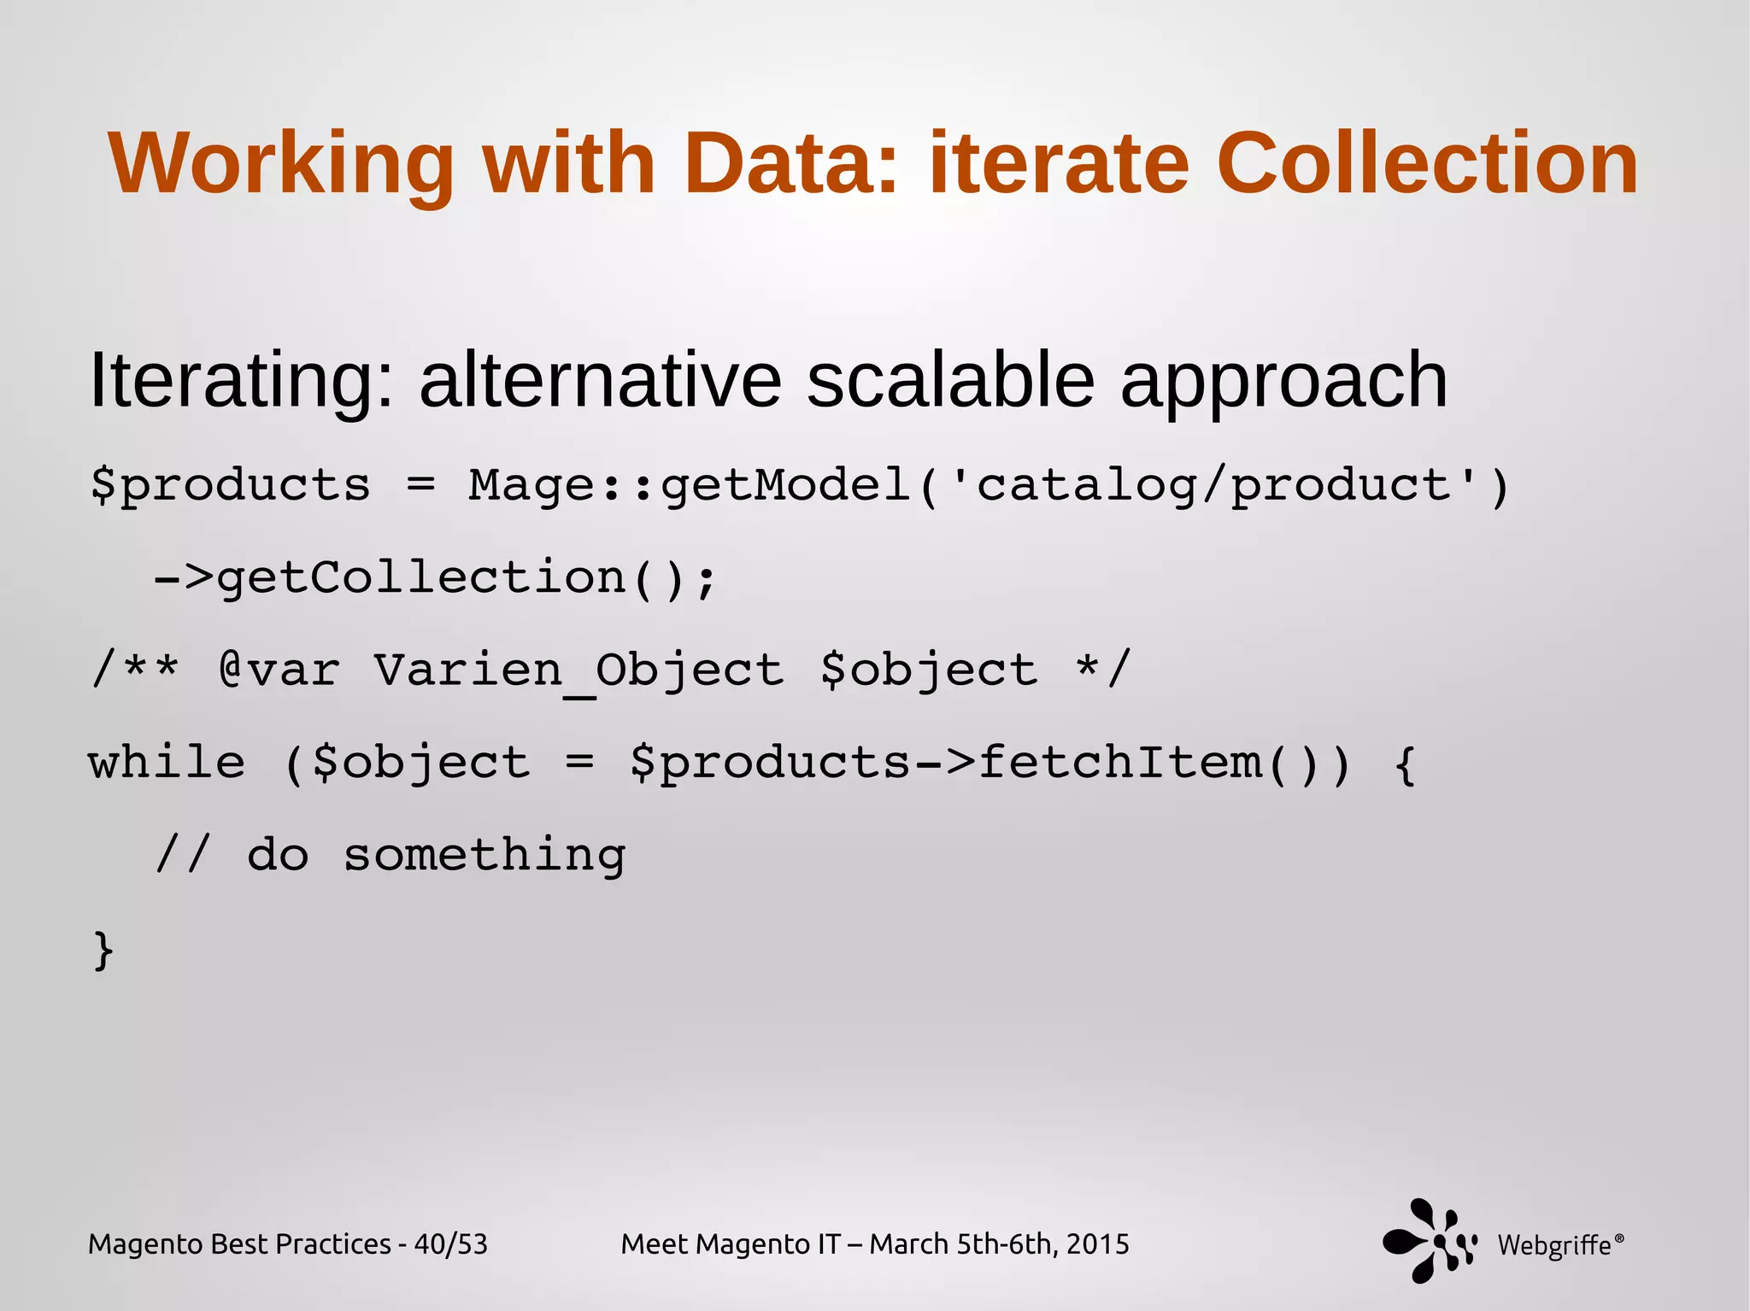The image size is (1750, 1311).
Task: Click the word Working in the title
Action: tap(281, 165)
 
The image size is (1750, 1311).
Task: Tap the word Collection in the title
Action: tap(1426, 163)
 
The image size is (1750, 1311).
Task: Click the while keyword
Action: tap(167, 763)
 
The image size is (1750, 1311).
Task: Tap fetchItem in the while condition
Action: tap(1119, 763)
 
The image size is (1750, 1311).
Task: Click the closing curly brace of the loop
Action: tap(103, 950)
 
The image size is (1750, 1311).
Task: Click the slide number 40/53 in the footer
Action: tap(450, 1244)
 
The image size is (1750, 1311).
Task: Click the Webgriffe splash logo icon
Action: tap(1430, 1240)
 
